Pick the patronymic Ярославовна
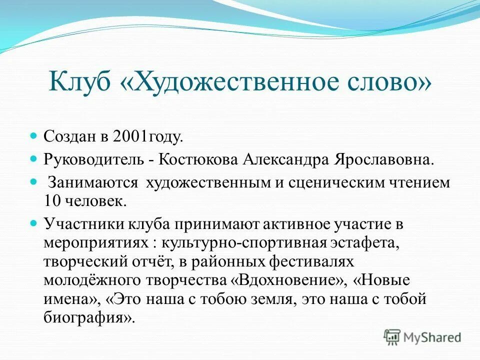pyautogui.click(x=380, y=160)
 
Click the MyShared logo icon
pyautogui.click(x=392, y=337)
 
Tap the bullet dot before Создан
pyautogui.click(x=34, y=135)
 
